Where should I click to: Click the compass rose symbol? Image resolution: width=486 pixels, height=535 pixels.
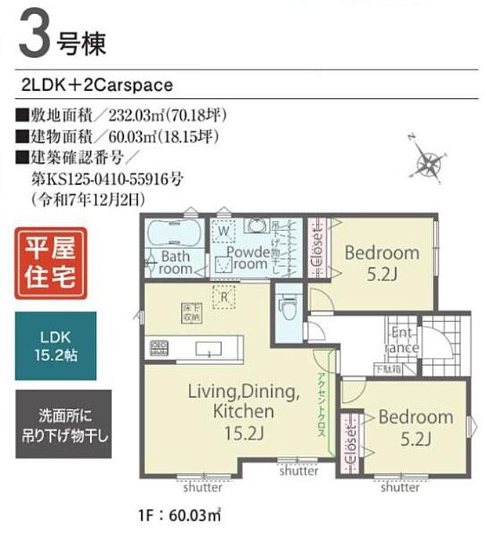point(429,163)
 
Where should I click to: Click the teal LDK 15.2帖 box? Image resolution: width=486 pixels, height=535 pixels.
point(56,345)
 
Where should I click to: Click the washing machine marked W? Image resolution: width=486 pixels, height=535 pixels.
point(223,231)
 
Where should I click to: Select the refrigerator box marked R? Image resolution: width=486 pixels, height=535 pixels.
point(224,296)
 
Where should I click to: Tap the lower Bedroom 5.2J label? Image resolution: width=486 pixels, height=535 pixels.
point(415,426)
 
